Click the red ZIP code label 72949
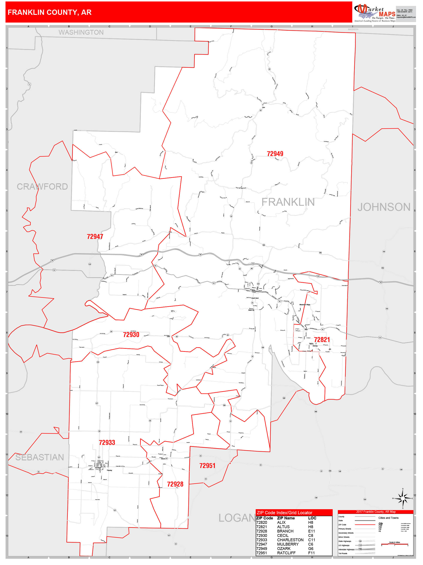[x=275, y=154]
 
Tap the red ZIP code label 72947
[x=95, y=237]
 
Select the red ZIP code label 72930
[x=131, y=335]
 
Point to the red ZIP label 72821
[x=322, y=339]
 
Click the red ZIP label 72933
[x=107, y=442]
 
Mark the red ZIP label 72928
[x=175, y=484]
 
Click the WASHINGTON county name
[x=81, y=32]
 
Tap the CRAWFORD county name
[x=42, y=187]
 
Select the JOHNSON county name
[x=384, y=207]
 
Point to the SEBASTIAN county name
[x=40, y=457]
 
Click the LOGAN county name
[x=237, y=518]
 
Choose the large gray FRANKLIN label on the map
[x=288, y=202]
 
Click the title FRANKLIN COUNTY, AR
[x=49, y=12]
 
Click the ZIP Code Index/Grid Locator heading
[x=284, y=513]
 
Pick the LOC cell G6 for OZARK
[x=311, y=548]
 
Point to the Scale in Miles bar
[x=394, y=544]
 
